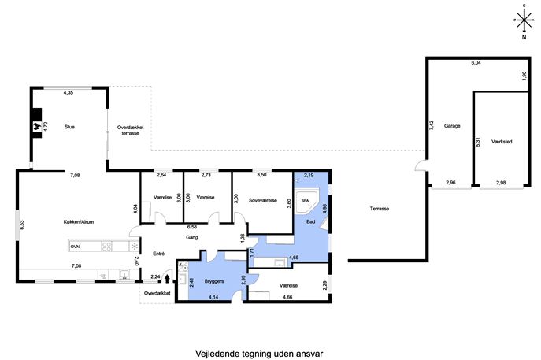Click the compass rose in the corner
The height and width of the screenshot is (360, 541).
tap(524, 20)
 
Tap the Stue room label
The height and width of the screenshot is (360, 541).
tap(69, 127)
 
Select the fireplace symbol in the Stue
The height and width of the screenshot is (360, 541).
tap(36, 126)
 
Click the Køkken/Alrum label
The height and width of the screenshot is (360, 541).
tap(79, 222)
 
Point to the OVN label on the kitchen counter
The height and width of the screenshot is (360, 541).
tap(76, 247)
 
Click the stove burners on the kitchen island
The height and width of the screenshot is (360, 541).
tap(106, 246)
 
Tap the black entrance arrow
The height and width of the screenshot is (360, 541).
tap(167, 278)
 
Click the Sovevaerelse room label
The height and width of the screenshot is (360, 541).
tap(263, 200)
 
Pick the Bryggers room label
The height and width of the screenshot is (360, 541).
tap(214, 281)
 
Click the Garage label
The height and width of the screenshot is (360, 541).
tap(452, 126)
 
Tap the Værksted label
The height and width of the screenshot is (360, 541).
tap(502, 142)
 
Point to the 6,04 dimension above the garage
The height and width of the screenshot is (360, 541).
tap(476, 63)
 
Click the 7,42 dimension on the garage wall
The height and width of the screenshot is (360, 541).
tap(432, 124)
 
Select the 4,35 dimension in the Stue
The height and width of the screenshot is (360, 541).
tap(69, 92)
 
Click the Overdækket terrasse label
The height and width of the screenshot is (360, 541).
tap(130, 130)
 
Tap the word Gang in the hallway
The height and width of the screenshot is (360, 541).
tap(192, 237)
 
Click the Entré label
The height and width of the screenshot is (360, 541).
tap(159, 254)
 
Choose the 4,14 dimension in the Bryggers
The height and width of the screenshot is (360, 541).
tap(213, 297)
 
